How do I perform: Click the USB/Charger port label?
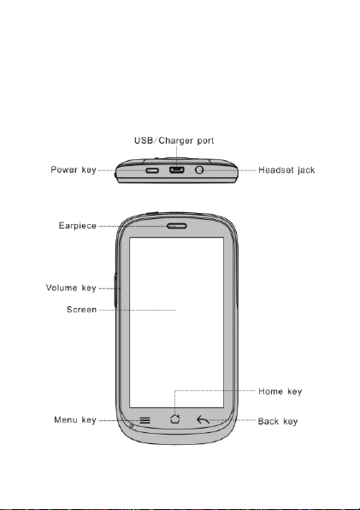coord(174,140)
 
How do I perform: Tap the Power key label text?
coord(74,169)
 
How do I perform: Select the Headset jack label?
coord(286,169)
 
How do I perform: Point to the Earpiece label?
coord(78,225)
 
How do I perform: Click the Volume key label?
coord(71,288)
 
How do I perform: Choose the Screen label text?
coord(81,309)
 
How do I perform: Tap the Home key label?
coord(280,391)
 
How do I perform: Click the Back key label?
coord(278,421)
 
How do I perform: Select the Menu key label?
coord(75,420)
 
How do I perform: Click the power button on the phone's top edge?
coord(152,170)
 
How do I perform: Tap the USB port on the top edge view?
coord(177,169)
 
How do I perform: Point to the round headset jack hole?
coord(199,169)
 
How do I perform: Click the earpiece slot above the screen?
coord(177,226)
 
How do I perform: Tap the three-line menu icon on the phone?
coord(145,420)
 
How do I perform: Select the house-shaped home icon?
coord(175,419)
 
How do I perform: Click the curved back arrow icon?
coord(203,420)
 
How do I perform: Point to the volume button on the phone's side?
coord(115,290)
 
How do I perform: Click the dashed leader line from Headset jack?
coord(230,170)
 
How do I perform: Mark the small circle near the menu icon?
coord(132,425)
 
